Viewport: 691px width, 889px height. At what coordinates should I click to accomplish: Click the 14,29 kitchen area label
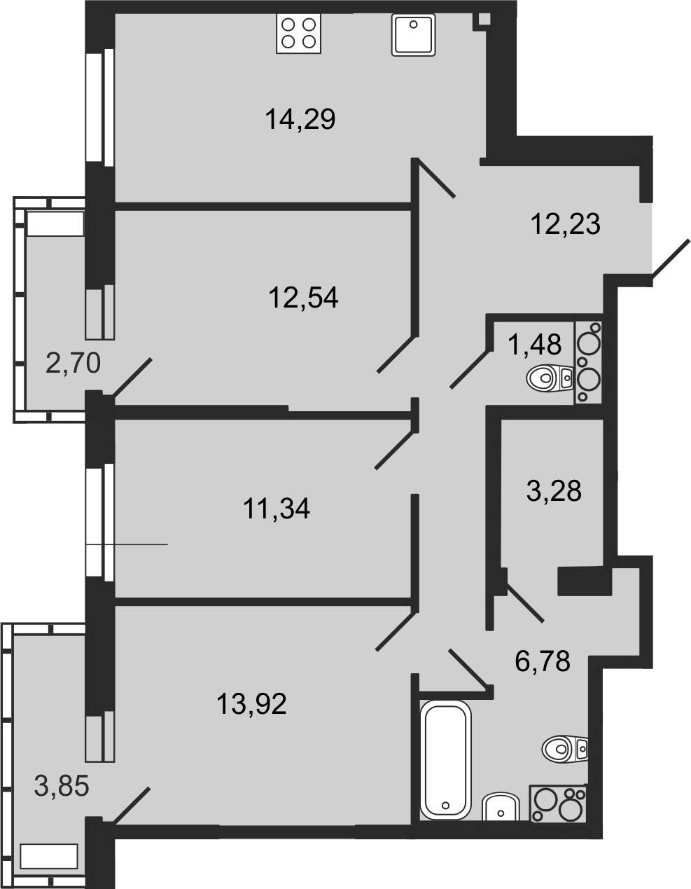click(300, 119)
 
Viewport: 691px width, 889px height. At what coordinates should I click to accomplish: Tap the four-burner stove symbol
click(298, 33)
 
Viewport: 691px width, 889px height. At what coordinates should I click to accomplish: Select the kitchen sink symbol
click(413, 34)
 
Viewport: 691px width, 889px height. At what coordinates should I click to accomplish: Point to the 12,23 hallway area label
click(566, 223)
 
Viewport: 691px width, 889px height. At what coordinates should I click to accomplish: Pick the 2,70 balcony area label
click(74, 363)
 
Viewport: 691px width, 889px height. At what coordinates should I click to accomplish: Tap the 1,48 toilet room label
click(534, 344)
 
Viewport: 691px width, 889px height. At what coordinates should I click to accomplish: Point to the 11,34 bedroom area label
click(277, 508)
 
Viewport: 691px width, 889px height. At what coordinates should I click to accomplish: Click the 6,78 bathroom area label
click(543, 661)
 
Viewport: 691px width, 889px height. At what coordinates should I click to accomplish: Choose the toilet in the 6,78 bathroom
click(565, 750)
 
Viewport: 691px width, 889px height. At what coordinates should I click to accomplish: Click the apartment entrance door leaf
click(670, 261)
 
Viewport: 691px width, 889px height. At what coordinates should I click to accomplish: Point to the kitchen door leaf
click(434, 178)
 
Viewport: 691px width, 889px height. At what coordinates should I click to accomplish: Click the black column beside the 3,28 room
click(585, 581)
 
